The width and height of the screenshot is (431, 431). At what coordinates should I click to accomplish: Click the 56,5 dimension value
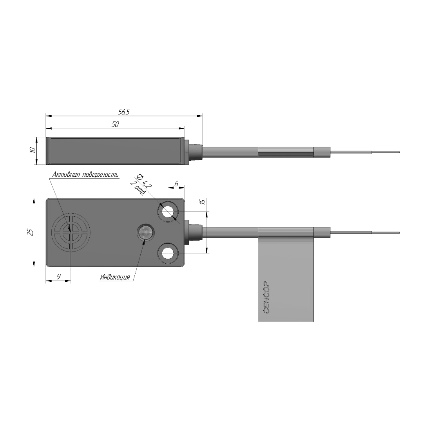pos(124,112)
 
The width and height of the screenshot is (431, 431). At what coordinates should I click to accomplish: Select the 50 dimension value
pos(115,125)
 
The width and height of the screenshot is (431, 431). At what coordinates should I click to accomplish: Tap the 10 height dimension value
pos(33,150)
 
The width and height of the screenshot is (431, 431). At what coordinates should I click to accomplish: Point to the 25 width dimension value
pos(31,232)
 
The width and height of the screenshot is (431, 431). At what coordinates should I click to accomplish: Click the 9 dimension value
pos(58,277)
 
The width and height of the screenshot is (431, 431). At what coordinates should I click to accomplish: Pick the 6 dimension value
pos(176,184)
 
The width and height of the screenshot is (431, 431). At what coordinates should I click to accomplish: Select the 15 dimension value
pos(203,201)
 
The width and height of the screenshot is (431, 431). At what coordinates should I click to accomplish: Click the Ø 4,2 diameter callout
pos(144,181)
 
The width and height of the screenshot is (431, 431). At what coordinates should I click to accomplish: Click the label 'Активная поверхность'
pos(85,174)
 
